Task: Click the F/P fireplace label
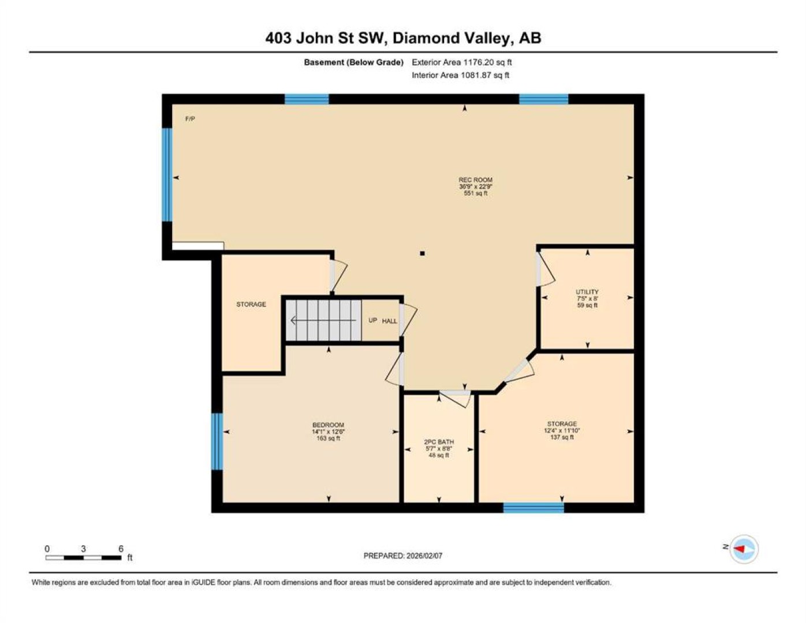point(190,119)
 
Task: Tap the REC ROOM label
point(475,180)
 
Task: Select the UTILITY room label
point(587,292)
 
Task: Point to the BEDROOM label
point(329,425)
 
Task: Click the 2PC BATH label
point(439,442)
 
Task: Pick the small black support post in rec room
point(422,254)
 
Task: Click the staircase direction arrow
point(323,320)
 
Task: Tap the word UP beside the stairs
point(373,320)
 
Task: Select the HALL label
point(390,321)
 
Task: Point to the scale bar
point(84,557)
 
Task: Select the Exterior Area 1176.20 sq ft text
point(462,62)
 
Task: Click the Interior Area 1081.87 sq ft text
point(460,75)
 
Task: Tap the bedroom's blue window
point(217,441)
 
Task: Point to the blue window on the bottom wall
point(533,508)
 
